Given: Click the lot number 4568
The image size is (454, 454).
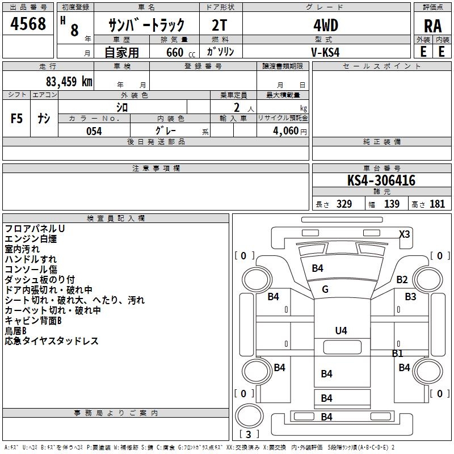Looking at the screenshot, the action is (x=28, y=24).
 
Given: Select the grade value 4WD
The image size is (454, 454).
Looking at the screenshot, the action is (x=326, y=25).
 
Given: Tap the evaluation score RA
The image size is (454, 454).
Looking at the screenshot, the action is (x=432, y=26).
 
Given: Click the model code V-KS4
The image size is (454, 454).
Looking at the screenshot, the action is (x=326, y=51).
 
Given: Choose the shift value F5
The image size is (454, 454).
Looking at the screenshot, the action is (x=17, y=119).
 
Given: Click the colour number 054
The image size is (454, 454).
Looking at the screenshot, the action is (x=94, y=131).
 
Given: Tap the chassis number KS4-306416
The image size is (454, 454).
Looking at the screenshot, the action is (x=381, y=181).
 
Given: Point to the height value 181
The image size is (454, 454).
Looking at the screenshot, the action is (x=437, y=204).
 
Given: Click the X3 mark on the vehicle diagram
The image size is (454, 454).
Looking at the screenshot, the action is (x=404, y=234).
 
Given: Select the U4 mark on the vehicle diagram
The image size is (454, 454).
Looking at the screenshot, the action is (x=340, y=330).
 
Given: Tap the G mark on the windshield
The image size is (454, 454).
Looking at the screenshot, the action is (x=325, y=289).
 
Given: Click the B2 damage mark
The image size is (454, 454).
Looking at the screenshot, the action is (x=402, y=279).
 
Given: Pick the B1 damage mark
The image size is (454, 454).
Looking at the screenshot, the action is (x=397, y=353).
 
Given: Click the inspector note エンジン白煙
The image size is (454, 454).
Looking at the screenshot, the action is (x=31, y=239).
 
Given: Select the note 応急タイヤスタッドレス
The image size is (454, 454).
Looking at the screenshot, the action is (x=52, y=341).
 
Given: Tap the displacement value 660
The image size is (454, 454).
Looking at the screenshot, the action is (x=175, y=52).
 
